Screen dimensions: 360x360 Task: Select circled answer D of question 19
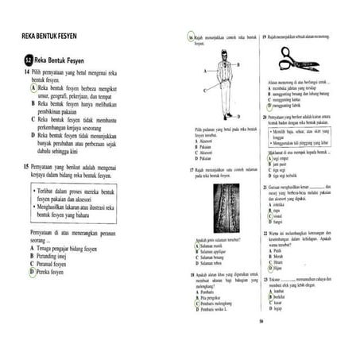coord(270,105)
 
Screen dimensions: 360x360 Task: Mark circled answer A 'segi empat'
coord(270,157)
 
